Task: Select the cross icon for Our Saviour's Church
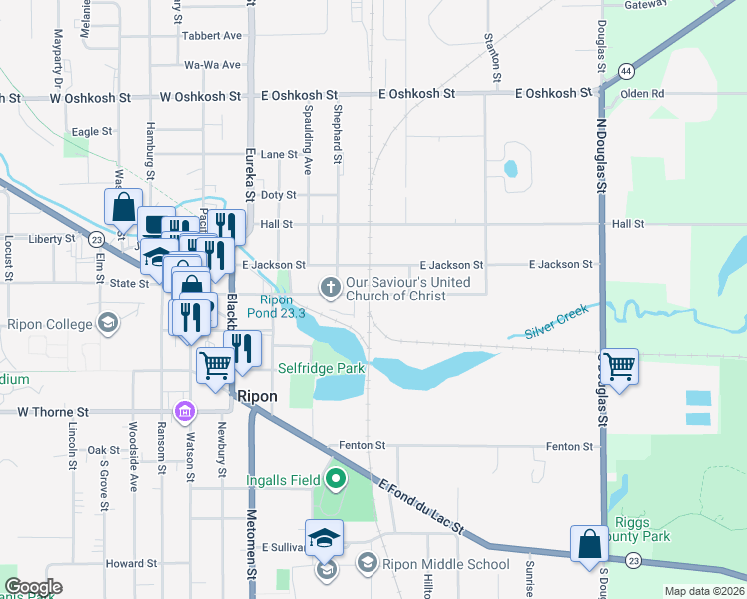pos(330,288)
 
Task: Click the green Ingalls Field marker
pos(336,480)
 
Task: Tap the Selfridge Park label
pos(320,368)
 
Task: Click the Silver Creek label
pos(548,323)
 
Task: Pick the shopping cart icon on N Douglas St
pos(619,366)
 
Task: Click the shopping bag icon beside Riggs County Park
pos(589,543)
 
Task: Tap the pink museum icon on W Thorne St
pos(184,411)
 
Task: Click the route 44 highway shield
pos(625,71)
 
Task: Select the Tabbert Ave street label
pos(212,36)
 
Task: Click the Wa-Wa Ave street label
pos(212,65)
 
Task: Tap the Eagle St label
pos(91,131)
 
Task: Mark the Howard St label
pos(125,564)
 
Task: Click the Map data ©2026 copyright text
pos(703,591)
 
